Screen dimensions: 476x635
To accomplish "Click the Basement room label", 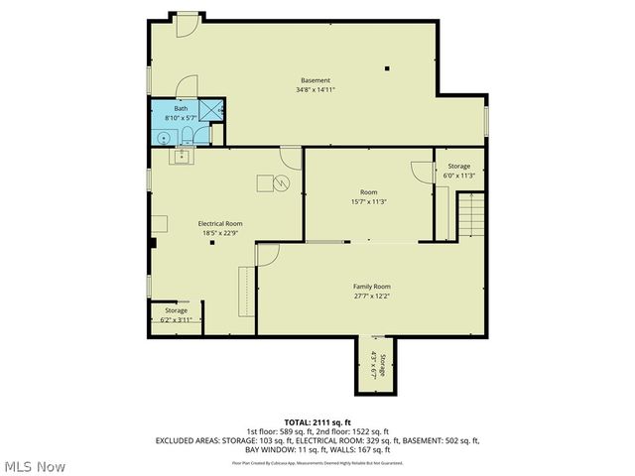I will tap(316, 80).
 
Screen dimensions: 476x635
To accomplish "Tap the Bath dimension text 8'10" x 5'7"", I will tap(181, 117).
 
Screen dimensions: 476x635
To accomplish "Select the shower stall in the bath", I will tap(211, 110).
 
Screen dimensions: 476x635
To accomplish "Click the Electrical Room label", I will tap(219, 224).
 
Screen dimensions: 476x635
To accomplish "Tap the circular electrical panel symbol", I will tap(281, 182).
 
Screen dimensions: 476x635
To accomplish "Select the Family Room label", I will tap(372, 286).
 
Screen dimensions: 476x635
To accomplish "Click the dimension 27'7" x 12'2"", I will tap(372, 296).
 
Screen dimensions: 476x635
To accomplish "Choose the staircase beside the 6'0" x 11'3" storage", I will tap(470, 215).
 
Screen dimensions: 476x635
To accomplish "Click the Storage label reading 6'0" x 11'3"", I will tap(458, 171).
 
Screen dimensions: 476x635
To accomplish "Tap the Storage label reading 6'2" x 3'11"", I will tap(176, 315).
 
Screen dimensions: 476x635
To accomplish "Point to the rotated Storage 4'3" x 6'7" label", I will tap(376, 365).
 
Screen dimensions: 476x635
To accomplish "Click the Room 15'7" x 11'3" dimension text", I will tap(368, 201).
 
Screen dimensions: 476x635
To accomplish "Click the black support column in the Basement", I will tap(388, 68).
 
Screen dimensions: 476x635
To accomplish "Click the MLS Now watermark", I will tap(35, 465).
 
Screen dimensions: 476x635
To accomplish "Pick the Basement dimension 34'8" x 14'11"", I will tap(316, 90).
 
